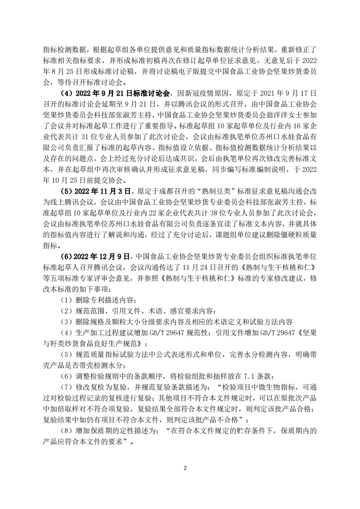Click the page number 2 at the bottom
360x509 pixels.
(x=185, y=468)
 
